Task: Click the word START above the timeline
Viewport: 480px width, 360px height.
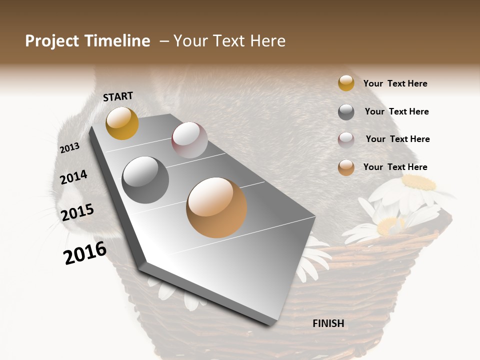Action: tap(118, 96)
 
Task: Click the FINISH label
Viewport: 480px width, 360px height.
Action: tap(328, 323)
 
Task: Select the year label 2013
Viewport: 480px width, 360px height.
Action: tap(69, 148)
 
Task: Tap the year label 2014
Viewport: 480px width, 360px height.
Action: tap(73, 177)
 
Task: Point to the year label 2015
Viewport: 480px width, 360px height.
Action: tap(77, 212)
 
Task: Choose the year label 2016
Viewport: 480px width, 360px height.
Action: tap(85, 253)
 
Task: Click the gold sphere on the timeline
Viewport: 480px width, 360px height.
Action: tap(122, 123)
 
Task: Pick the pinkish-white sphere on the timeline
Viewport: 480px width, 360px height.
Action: tap(189, 140)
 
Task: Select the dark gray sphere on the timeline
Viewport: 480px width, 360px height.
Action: tap(145, 180)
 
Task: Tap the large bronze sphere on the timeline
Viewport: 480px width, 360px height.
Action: tap(216, 207)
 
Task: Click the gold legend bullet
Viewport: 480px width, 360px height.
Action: tap(346, 83)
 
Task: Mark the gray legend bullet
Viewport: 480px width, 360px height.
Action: tap(346, 111)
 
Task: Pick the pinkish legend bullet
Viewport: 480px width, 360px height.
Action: tap(346, 139)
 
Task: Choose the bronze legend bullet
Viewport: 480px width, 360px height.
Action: tap(346, 167)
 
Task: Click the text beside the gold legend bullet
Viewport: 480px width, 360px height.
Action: tap(395, 83)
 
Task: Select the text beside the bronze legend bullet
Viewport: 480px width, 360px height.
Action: tap(395, 167)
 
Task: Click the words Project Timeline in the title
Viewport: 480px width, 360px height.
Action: tap(87, 41)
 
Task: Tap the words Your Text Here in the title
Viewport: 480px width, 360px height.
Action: tap(229, 41)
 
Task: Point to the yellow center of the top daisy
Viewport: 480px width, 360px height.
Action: tap(419, 182)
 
